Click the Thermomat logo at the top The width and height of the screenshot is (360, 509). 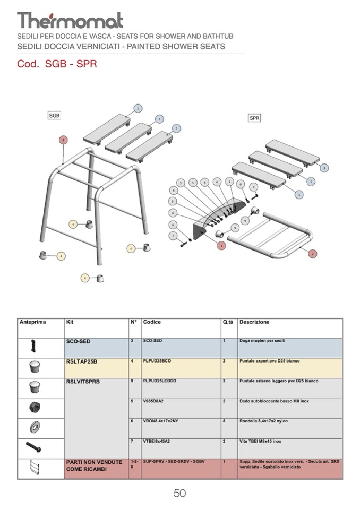70,21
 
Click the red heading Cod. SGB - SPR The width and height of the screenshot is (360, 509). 57,64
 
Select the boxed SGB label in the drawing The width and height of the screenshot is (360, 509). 54,115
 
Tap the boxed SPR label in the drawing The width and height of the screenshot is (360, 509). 254,118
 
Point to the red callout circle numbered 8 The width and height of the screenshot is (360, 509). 64,140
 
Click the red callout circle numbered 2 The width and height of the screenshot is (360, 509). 313,254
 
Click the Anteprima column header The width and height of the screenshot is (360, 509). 33,322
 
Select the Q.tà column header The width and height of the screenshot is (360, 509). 228,322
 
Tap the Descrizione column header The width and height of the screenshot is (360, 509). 254,322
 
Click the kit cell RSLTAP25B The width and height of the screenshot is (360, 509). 82,361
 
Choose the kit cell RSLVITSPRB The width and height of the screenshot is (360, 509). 83,382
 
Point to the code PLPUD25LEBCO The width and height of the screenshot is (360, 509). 160,381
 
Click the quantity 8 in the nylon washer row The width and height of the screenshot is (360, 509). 225,421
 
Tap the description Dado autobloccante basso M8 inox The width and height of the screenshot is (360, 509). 274,401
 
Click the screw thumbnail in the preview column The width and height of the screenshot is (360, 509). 33,447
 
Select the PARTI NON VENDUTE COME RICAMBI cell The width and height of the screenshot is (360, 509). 94,465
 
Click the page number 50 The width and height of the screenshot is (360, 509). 179,493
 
